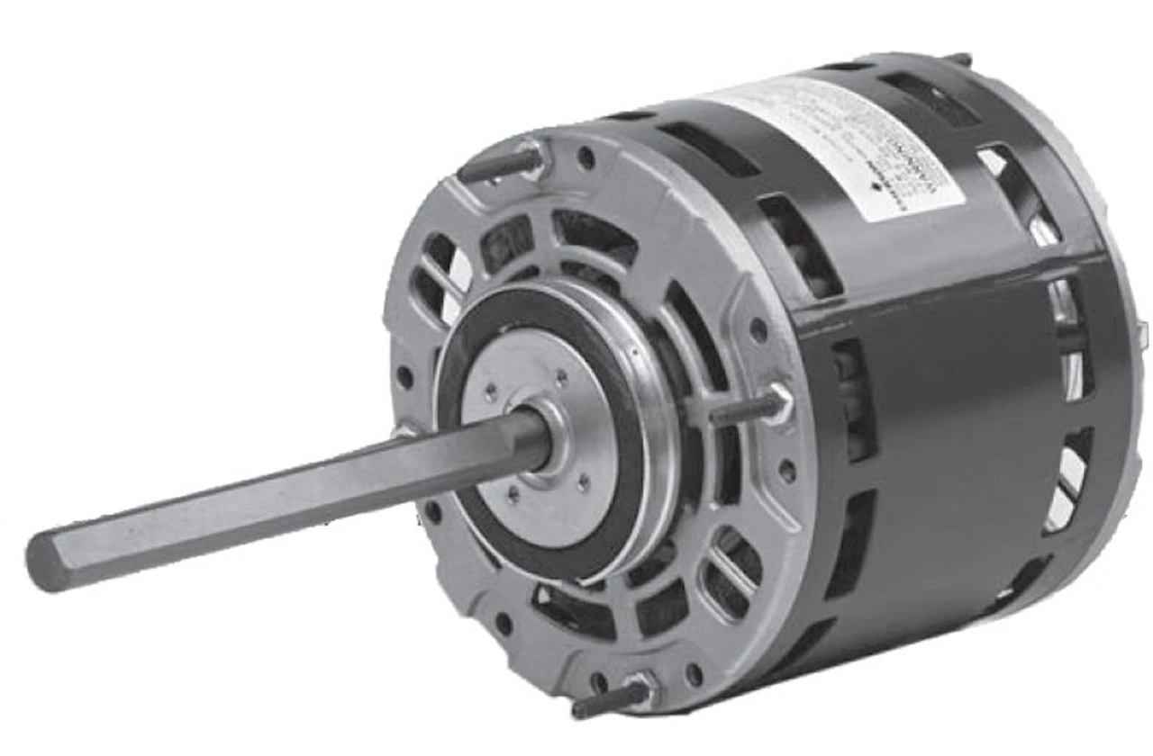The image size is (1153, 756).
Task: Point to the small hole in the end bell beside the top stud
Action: point(586,158)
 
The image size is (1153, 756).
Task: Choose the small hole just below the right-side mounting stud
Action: point(788,468)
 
